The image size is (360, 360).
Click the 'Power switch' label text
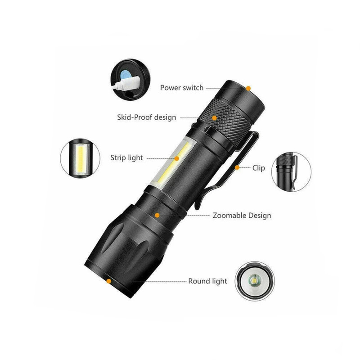182,88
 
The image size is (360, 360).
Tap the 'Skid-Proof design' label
147,117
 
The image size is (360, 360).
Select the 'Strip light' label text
126,158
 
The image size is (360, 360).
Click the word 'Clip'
258,168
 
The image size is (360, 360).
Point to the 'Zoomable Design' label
242,216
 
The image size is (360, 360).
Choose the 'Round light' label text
207,281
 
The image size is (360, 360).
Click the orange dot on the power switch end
248,88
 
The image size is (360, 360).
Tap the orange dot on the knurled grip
215,118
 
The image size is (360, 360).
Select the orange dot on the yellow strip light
177,158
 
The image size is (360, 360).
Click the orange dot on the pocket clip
237,167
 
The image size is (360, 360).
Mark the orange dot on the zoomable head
157,215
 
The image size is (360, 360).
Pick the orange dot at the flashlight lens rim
109,281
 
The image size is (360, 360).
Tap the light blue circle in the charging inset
125,75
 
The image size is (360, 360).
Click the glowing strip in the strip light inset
81,158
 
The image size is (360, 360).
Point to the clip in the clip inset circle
294,171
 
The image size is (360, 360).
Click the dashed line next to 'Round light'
163,281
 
